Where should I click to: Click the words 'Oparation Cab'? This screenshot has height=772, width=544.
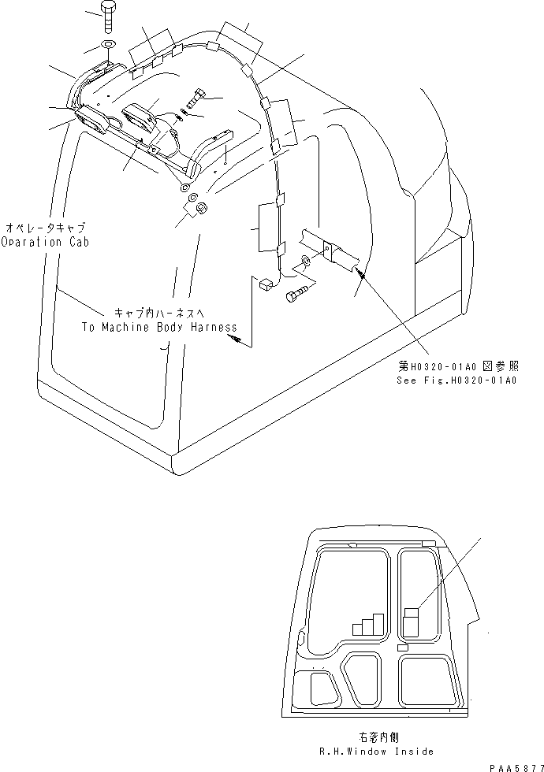pos(45,242)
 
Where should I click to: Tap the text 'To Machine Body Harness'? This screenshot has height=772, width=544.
pos(158,327)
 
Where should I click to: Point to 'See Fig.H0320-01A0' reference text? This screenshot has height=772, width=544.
pos(456,380)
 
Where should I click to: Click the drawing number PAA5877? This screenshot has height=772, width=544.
pos(512,765)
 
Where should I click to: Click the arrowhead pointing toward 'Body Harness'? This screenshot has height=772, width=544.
pos(233,338)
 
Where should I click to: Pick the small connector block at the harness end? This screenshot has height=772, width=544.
pos(265,283)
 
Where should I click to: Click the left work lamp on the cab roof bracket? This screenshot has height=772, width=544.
pos(93,124)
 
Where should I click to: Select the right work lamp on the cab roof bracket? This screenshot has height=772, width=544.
pos(140,117)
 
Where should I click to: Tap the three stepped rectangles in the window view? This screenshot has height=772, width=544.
pos(368,625)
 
